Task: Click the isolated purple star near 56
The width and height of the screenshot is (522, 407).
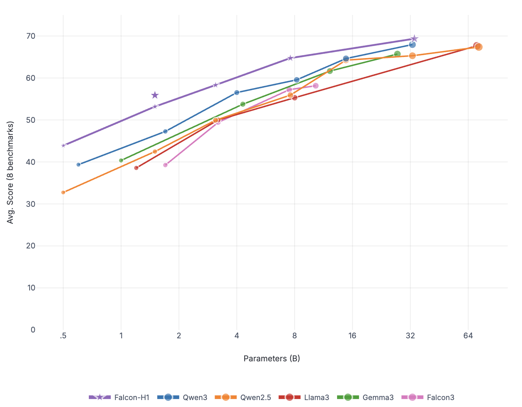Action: coord(155,95)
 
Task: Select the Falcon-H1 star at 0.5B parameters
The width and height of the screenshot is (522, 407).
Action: coord(63,145)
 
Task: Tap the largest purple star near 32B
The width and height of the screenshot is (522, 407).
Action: coord(414,39)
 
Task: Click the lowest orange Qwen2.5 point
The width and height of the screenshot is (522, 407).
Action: coord(63,192)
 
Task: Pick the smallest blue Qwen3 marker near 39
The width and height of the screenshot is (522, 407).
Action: coord(78,164)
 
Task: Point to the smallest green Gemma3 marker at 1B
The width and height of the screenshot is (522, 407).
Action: coord(121,160)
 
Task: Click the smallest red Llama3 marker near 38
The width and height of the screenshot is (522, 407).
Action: coord(136,168)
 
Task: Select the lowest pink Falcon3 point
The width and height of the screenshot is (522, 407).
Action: coord(165,165)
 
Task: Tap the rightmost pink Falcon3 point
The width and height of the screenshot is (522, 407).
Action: coord(315,86)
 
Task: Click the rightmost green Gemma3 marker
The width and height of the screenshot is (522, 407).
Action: coord(397,54)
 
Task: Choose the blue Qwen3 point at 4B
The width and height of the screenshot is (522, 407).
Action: coord(237,92)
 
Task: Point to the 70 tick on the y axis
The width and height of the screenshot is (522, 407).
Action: coord(31,36)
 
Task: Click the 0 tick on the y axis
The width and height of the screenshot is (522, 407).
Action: coord(33,330)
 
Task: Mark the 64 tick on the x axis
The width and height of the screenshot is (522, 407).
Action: coord(468,336)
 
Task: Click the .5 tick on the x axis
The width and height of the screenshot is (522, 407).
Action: coord(63,336)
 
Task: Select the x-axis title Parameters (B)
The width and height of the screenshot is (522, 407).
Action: coord(272,358)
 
